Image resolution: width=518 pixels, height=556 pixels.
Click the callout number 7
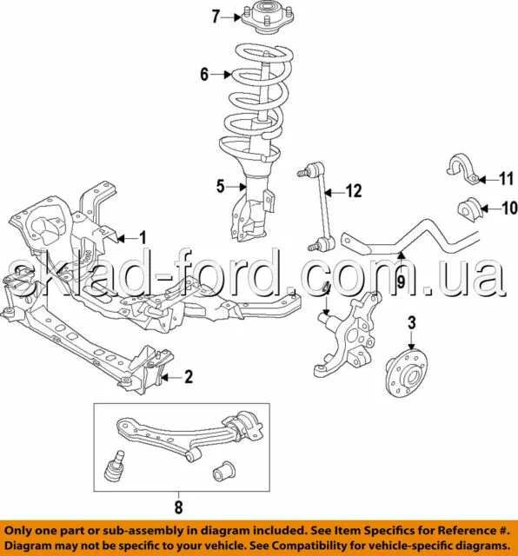tap(216, 17)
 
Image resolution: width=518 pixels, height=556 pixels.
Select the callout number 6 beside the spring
tap(204, 75)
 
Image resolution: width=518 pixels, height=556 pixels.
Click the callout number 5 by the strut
tap(221, 186)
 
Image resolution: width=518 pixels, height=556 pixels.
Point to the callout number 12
tap(354, 191)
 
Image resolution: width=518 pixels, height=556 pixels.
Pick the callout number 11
tap(507, 179)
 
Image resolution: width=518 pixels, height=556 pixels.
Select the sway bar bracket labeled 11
tap(462, 169)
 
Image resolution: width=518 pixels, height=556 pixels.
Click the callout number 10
tap(509, 208)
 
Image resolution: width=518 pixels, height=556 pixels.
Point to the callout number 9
tap(401, 282)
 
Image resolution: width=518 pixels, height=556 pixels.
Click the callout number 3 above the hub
tap(412, 322)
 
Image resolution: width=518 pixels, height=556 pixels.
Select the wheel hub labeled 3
tap(407, 372)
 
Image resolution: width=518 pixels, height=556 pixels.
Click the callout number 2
tap(189, 376)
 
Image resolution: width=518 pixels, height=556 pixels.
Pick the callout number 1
tap(143, 238)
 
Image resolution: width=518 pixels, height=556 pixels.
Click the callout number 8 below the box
tap(178, 507)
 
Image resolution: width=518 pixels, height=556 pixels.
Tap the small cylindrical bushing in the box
tap(224, 471)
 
